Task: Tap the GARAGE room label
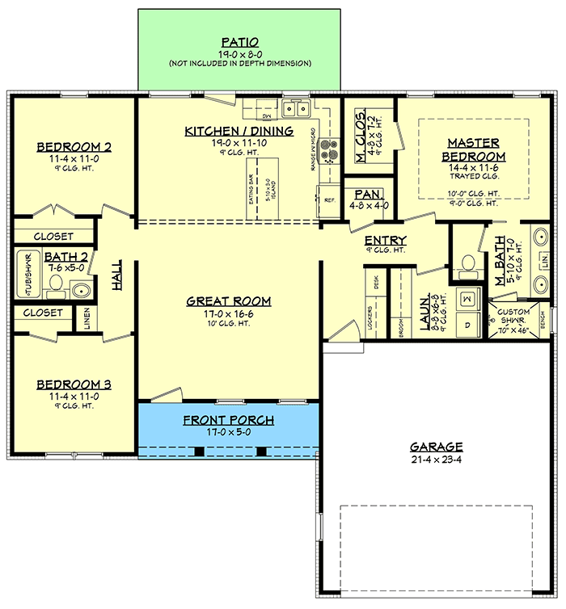point(436,446)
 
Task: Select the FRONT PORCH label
point(228,420)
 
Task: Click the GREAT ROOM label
point(228,301)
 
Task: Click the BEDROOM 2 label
point(74,147)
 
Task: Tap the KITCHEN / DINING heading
point(239,131)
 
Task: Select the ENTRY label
point(385,241)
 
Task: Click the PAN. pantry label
point(367,195)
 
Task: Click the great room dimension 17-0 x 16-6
point(228,313)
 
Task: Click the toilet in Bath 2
point(55,283)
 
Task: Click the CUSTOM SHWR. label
point(514,316)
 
